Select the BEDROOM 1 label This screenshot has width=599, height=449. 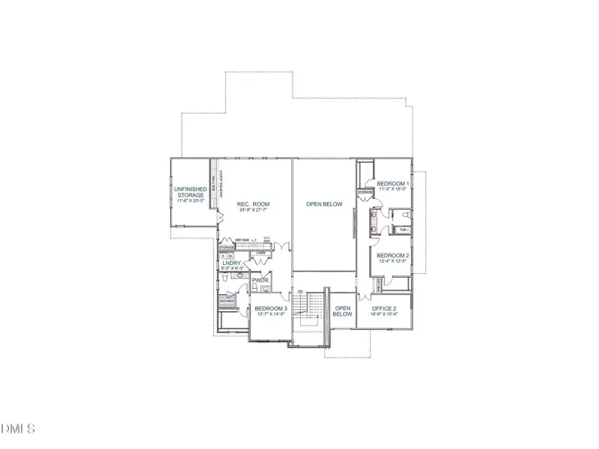392,184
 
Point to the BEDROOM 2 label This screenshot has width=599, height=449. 392,255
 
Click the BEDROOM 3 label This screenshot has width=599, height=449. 270,308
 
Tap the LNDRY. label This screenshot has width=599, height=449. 231,263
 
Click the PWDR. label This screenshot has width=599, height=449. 261,281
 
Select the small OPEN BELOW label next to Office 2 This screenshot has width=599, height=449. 343,311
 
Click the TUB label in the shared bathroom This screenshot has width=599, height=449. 404,230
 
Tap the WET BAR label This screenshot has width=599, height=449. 242,240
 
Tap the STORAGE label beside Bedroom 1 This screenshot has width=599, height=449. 365,192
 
